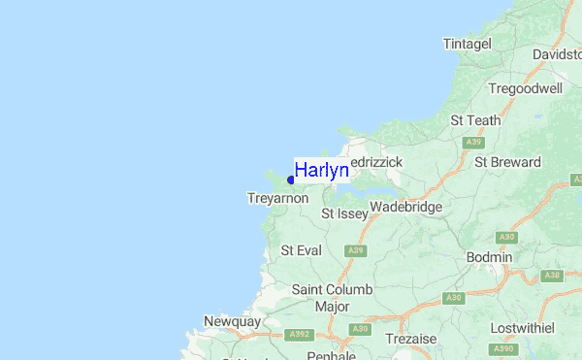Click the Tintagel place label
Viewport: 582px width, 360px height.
[x=468, y=44]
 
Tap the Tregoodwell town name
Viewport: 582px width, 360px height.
[x=526, y=88]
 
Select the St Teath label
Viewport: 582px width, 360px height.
[x=475, y=120]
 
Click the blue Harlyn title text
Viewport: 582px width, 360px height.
[x=321, y=171]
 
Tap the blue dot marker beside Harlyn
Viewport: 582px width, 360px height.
[x=291, y=180]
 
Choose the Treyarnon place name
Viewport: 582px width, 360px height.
[x=278, y=198]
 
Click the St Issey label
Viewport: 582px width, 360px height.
[x=345, y=213]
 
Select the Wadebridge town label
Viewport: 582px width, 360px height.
[x=405, y=207]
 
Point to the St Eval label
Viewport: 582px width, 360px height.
[x=301, y=250]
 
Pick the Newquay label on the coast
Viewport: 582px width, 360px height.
[x=233, y=321]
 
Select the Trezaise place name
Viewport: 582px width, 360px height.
[x=412, y=339]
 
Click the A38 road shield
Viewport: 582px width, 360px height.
[x=552, y=276]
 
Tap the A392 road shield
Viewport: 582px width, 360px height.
[x=299, y=336]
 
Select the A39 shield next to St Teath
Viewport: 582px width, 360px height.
[x=473, y=142]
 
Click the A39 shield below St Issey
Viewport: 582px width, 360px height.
[x=356, y=250]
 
